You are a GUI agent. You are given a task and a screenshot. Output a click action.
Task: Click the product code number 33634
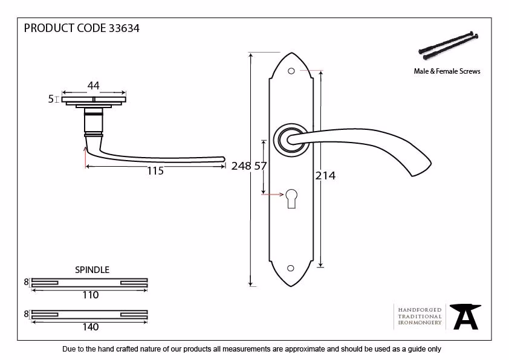point(124,28)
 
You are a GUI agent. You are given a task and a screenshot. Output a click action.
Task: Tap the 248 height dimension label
point(241,166)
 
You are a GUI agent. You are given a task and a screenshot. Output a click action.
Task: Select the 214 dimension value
point(325,176)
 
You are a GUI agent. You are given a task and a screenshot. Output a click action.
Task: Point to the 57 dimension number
point(261,166)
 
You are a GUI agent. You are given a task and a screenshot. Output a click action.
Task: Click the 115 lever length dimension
point(155,171)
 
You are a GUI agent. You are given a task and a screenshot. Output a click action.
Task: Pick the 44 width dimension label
point(94,86)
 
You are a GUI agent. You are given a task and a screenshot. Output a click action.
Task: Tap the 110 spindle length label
point(90,295)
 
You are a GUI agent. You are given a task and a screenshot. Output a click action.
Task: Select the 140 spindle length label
point(90,327)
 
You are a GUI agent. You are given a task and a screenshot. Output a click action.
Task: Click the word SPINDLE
point(92,270)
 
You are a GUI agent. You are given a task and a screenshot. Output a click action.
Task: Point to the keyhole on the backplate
point(291,199)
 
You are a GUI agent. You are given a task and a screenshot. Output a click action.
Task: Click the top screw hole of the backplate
point(291,71)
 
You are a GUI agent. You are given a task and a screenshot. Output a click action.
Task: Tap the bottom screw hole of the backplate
point(291,268)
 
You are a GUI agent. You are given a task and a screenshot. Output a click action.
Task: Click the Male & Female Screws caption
point(447,71)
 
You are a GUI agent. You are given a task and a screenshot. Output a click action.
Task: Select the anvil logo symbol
point(465,317)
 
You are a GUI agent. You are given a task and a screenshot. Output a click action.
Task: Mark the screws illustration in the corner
point(449,46)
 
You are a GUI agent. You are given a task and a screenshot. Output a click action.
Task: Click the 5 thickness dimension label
point(51,99)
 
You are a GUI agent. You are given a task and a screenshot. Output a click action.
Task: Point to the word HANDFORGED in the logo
point(420,310)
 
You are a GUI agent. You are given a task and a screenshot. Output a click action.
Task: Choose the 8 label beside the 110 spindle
point(26,282)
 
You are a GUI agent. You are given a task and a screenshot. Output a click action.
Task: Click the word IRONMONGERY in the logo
point(420,323)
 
